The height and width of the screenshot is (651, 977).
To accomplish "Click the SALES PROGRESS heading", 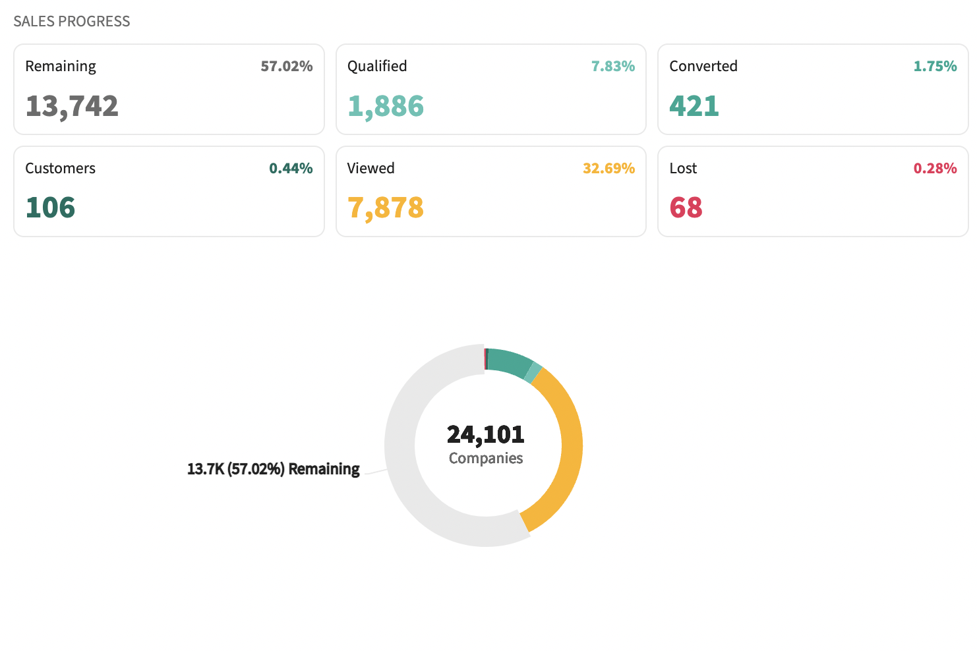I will click(x=72, y=21).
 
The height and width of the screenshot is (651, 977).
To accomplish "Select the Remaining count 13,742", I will click(x=72, y=106).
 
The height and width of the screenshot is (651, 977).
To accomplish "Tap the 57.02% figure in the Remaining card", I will click(x=286, y=66).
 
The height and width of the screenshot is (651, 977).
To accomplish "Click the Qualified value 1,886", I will click(x=386, y=106).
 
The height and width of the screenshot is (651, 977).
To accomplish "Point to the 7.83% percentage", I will click(x=612, y=66).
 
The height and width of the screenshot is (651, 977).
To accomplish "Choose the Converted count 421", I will click(x=694, y=106).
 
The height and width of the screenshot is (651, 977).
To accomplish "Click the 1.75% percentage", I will click(x=935, y=66).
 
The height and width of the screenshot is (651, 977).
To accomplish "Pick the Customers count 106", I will click(x=50, y=208).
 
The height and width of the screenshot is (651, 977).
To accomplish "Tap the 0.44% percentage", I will click(x=291, y=168).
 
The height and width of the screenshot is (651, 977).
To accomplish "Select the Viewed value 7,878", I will click(x=386, y=208).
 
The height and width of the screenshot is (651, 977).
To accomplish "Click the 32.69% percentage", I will click(x=608, y=168).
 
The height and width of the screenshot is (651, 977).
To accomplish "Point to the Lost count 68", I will click(x=686, y=208).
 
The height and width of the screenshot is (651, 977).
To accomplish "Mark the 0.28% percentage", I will click(x=935, y=168).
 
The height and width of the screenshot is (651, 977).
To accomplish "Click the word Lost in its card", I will click(x=683, y=168).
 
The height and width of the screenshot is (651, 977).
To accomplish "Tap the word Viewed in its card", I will click(x=370, y=168).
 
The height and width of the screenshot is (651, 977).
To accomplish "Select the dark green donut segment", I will click(x=508, y=362).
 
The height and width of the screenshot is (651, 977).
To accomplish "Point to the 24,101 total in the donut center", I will click(x=486, y=434).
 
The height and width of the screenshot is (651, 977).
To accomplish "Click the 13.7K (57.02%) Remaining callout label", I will click(x=274, y=469).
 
